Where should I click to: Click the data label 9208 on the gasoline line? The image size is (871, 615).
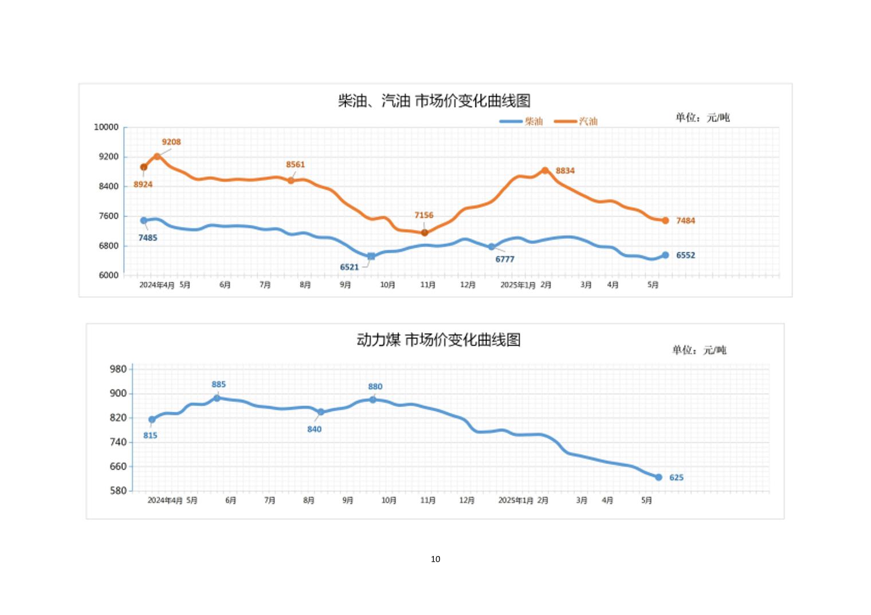171,142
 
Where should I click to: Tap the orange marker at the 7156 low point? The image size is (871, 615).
425,232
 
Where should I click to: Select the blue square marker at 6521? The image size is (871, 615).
371,257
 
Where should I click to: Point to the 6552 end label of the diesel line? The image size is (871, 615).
685,255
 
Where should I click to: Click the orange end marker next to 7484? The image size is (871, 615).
665,220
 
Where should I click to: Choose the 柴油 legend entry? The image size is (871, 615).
521,121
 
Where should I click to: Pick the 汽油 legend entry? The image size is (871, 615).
576,121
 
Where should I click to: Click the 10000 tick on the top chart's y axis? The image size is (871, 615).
106,127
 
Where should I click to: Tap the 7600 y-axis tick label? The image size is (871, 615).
108,216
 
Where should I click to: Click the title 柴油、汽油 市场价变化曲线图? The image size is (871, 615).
434,101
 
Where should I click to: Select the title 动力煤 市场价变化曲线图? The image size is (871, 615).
438,340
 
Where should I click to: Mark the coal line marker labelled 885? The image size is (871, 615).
217,398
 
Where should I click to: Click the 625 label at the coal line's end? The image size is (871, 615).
676,478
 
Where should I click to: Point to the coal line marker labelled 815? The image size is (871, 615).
152,420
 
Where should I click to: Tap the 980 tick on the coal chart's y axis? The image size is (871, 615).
117,369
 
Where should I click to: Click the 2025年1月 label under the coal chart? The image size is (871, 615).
516,500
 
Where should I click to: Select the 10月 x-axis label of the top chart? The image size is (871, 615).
388,285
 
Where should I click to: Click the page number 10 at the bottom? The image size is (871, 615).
435,559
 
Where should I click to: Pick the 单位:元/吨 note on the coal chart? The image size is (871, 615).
699,350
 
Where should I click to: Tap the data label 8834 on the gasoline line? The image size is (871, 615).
565,171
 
